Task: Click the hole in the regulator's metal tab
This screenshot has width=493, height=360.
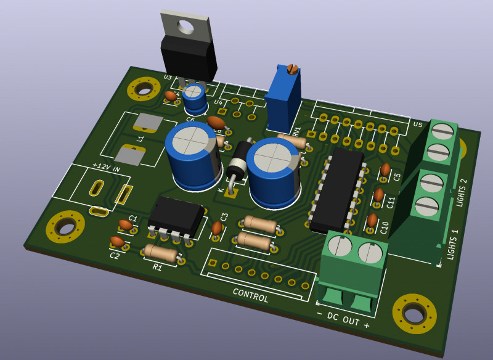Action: [x=184, y=26]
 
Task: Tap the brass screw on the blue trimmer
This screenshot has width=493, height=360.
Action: [x=293, y=69]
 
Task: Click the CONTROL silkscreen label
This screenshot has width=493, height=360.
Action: [x=250, y=295]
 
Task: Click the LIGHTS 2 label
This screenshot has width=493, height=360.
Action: [x=463, y=192]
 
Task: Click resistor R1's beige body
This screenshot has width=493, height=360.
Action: [x=161, y=253]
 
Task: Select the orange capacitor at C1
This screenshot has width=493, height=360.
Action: [x=126, y=226]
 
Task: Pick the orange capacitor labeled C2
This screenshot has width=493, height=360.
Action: [x=117, y=242]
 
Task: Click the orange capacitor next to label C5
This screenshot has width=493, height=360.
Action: [x=385, y=169]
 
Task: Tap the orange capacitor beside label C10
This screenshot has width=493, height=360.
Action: [x=372, y=220]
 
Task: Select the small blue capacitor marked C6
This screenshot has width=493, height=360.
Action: [x=194, y=97]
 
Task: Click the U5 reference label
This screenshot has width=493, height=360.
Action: [x=418, y=124]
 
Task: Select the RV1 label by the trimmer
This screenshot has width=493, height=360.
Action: [x=296, y=131]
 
